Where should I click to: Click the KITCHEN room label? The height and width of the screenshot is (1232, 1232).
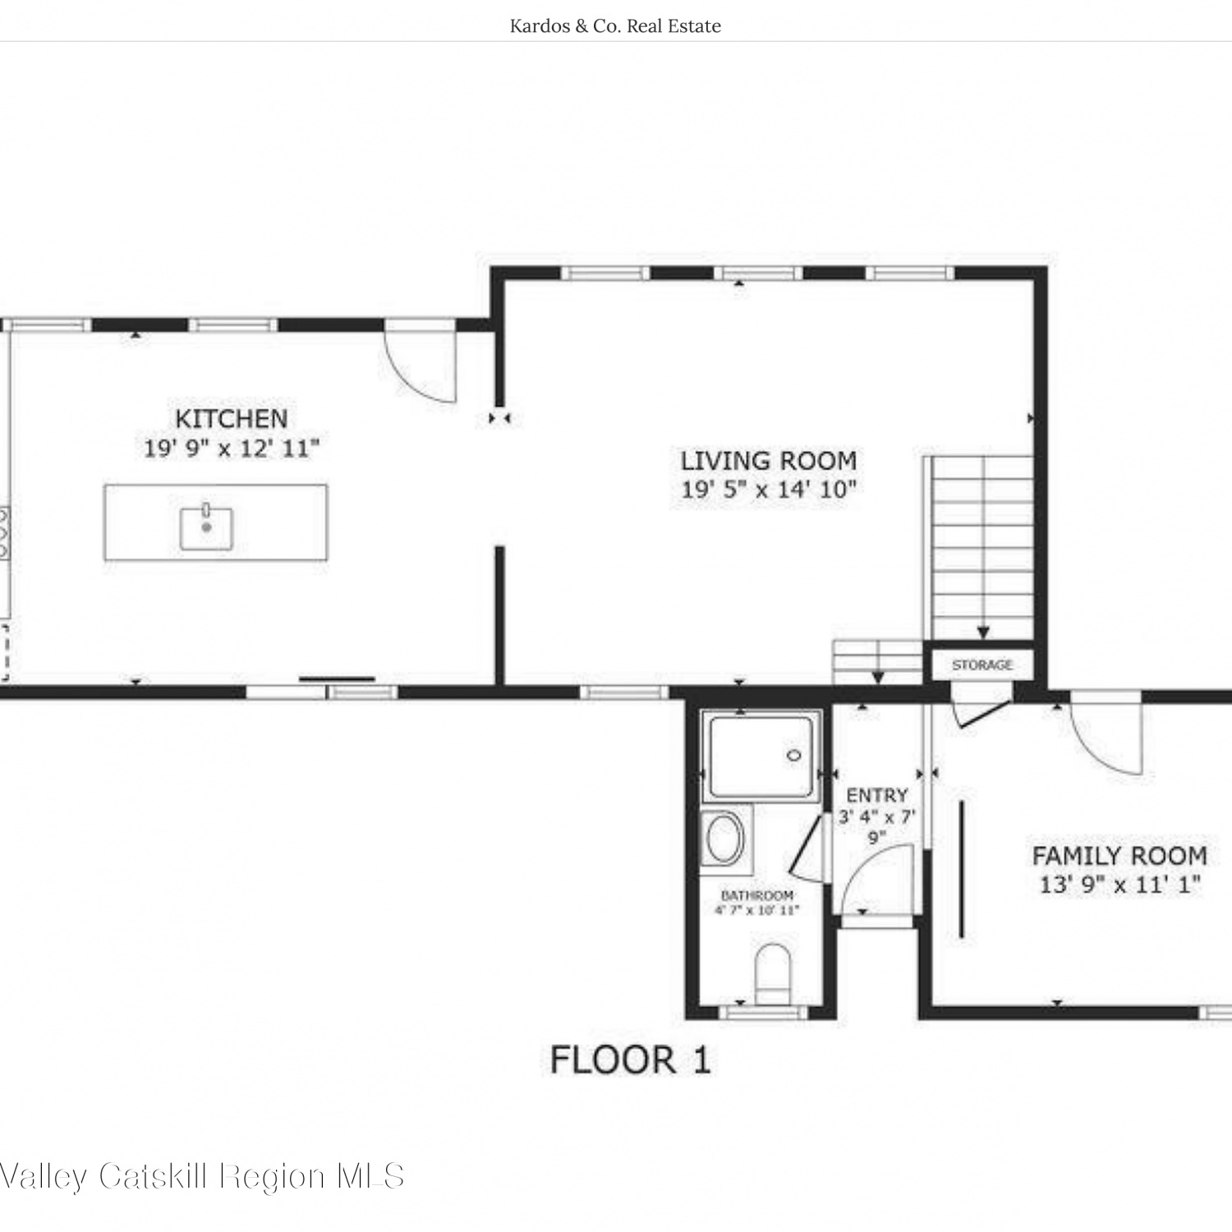click(232, 419)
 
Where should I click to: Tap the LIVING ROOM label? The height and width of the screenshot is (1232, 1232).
click(769, 461)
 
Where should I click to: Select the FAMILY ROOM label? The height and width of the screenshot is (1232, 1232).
click(1119, 856)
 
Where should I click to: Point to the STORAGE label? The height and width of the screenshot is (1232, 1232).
click(982, 664)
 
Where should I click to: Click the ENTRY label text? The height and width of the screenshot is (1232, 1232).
click(877, 795)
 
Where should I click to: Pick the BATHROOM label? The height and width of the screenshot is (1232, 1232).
click(757, 895)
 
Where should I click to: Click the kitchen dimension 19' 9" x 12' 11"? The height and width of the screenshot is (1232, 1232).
click(232, 448)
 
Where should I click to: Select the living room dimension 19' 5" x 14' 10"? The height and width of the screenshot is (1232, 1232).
click(769, 490)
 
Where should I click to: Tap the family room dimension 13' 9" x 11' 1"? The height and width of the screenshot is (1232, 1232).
click(1120, 885)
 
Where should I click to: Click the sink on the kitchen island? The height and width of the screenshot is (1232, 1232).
click(206, 527)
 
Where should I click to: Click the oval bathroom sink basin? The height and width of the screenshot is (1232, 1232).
click(724, 838)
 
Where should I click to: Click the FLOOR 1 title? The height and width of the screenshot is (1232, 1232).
click(630, 1060)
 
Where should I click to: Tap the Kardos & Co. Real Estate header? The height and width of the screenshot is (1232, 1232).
click(615, 26)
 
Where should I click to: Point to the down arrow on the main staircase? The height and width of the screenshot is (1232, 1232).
click(982, 632)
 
